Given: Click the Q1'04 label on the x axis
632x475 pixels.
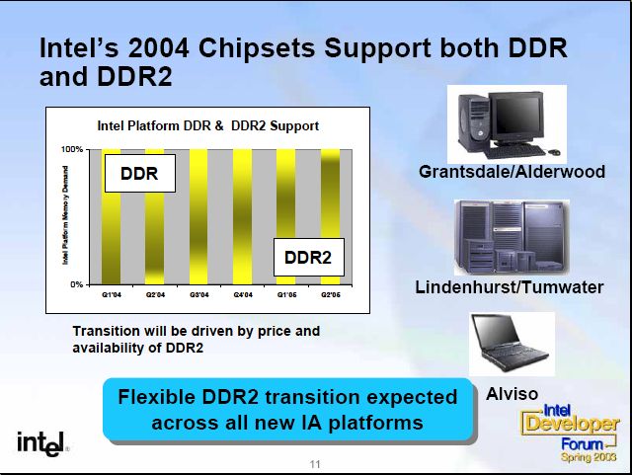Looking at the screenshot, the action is coord(112,294).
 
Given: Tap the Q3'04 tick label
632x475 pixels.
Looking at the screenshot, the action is coord(199,294).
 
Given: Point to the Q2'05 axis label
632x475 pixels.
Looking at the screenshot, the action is coord(331,294).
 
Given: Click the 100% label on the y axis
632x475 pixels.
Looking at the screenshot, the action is coord(72,149).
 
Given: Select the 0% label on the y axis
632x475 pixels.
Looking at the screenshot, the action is coord(77,284).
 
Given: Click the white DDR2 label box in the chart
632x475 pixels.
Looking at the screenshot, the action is coord(309,258).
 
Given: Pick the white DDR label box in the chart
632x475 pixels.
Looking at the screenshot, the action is coord(140,173).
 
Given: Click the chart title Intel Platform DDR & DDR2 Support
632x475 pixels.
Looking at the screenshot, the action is coord(208,125).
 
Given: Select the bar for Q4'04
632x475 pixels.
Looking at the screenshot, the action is coord(242,216).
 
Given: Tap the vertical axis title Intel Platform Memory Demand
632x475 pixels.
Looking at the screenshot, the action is coord(65,215).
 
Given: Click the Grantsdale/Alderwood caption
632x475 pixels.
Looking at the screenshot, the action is coord(512,172).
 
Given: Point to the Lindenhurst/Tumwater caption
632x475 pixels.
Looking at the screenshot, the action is coord(510,287).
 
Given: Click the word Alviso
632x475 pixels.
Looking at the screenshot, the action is coord(512,394).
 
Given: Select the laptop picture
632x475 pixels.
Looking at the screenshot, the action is coord(512,344).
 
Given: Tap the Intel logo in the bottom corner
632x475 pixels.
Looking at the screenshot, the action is coord(42,444).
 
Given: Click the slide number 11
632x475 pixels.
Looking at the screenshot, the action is coord(315,464).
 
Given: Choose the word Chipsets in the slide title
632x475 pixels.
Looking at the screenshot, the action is coord(258,49).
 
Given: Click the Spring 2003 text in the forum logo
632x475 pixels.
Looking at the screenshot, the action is coord(589,457).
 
